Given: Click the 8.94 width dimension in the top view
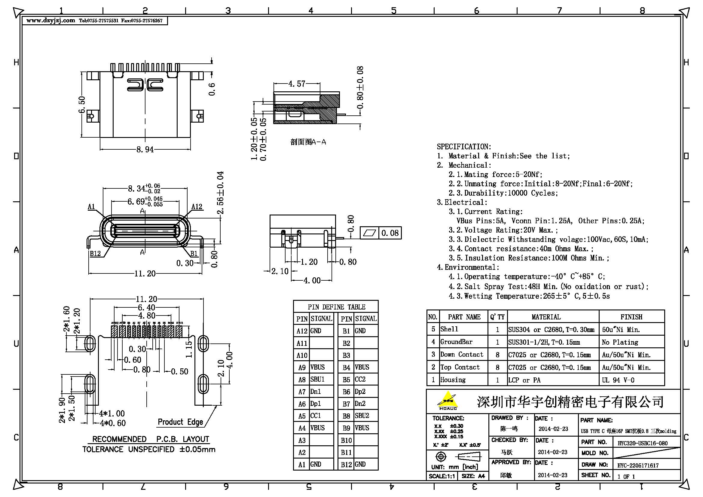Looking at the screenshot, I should pos(145,150).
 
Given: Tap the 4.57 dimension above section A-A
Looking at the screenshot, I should pos(297,84).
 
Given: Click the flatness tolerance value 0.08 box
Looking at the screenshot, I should pos(390,233).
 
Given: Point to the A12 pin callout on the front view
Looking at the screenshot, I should pos(197,206).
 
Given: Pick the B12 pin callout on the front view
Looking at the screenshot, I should pos(95,254).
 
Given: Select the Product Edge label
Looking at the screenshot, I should pos(180,422).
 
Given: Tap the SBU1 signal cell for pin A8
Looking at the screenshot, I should pos(317,380).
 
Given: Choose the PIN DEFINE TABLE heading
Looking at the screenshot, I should pos(336,307).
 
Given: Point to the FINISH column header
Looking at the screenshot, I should pos(631,317).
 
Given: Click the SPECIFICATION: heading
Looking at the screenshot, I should pos(464,147).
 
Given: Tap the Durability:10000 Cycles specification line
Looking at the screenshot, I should pos(503,193).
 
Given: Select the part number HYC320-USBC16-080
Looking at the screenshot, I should pos(642,443).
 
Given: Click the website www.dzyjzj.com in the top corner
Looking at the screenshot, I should pos(51,21).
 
